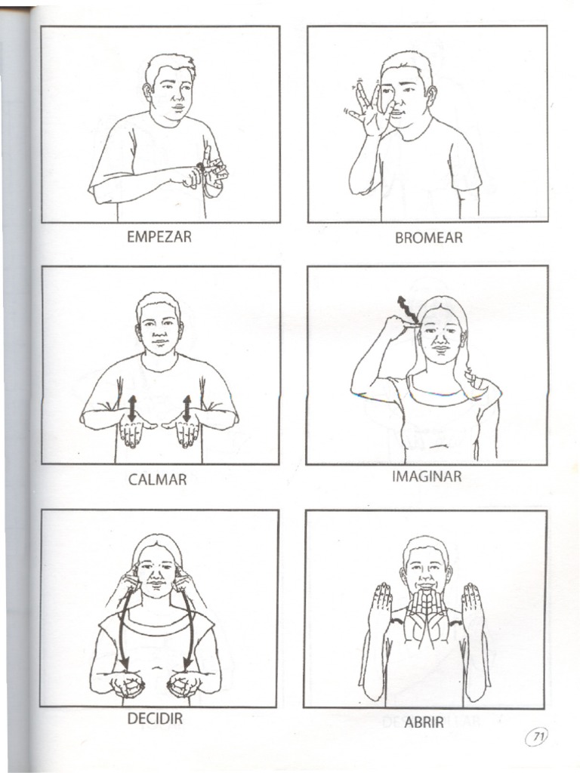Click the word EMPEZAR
[x=159, y=236]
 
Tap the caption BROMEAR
[x=429, y=238]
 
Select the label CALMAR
[x=157, y=479]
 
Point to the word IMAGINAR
[x=427, y=477]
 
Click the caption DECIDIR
[x=155, y=719]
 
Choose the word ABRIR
[x=424, y=722]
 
